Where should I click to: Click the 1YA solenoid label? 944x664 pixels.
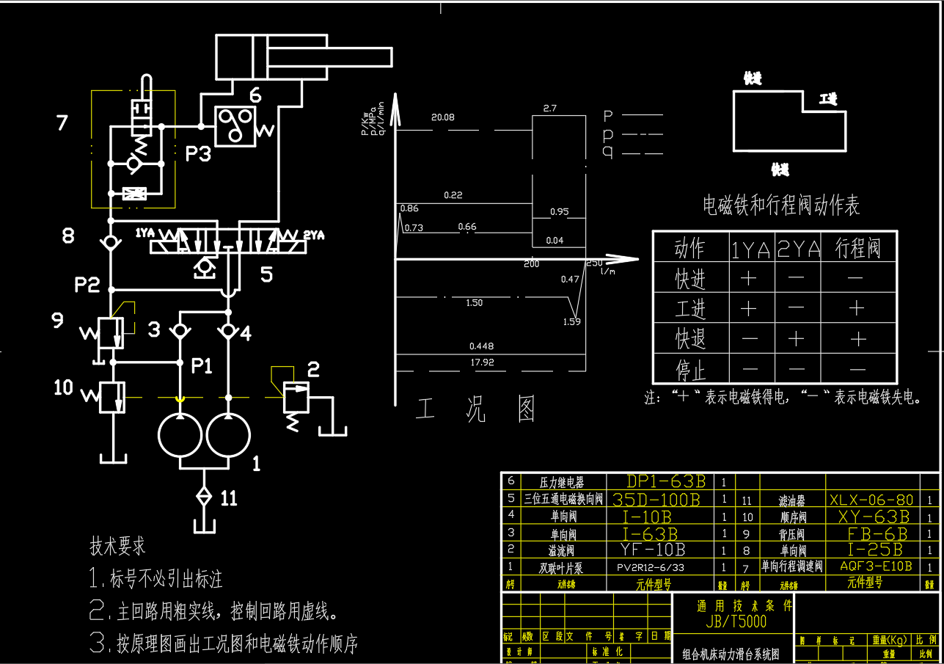(144, 233)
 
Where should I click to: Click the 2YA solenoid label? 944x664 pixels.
(313, 235)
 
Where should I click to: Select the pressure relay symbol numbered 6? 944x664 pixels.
(235, 125)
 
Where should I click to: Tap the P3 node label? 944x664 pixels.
(197, 154)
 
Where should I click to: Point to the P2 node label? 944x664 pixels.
(87, 285)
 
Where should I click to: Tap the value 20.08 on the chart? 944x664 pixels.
(443, 117)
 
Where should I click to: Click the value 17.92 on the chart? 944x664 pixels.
(482, 362)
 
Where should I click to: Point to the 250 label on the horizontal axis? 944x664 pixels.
(593, 263)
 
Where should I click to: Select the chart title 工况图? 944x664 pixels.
(477, 410)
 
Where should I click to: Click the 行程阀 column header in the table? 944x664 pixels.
(857, 249)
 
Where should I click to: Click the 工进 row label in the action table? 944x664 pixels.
(690, 309)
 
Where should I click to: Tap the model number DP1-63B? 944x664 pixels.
(666, 481)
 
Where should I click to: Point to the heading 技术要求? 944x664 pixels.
(117, 546)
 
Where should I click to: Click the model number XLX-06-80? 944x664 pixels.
(871, 500)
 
